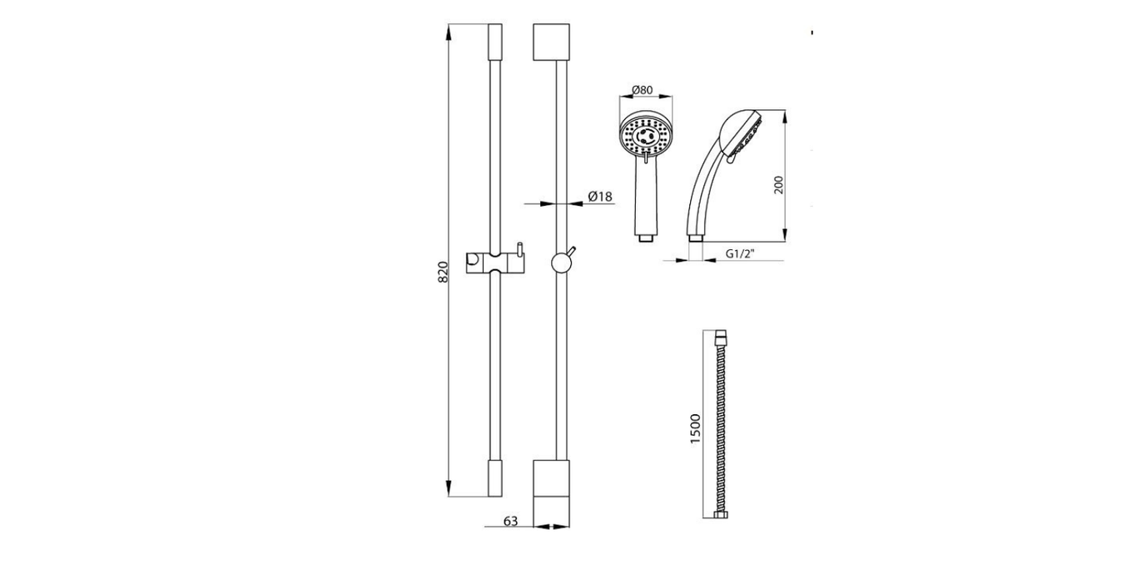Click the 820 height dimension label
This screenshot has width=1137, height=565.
point(443,272)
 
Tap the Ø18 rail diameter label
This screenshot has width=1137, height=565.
point(600,196)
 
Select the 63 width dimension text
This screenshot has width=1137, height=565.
point(510,522)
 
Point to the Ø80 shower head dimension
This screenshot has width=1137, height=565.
point(642,90)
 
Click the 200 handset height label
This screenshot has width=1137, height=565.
point(778,184)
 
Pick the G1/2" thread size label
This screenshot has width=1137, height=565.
point(740,254)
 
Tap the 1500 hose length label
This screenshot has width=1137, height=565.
point(695,429)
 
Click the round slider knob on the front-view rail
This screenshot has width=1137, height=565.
point(561,263)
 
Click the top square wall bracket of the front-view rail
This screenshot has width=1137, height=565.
point(551,42)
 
